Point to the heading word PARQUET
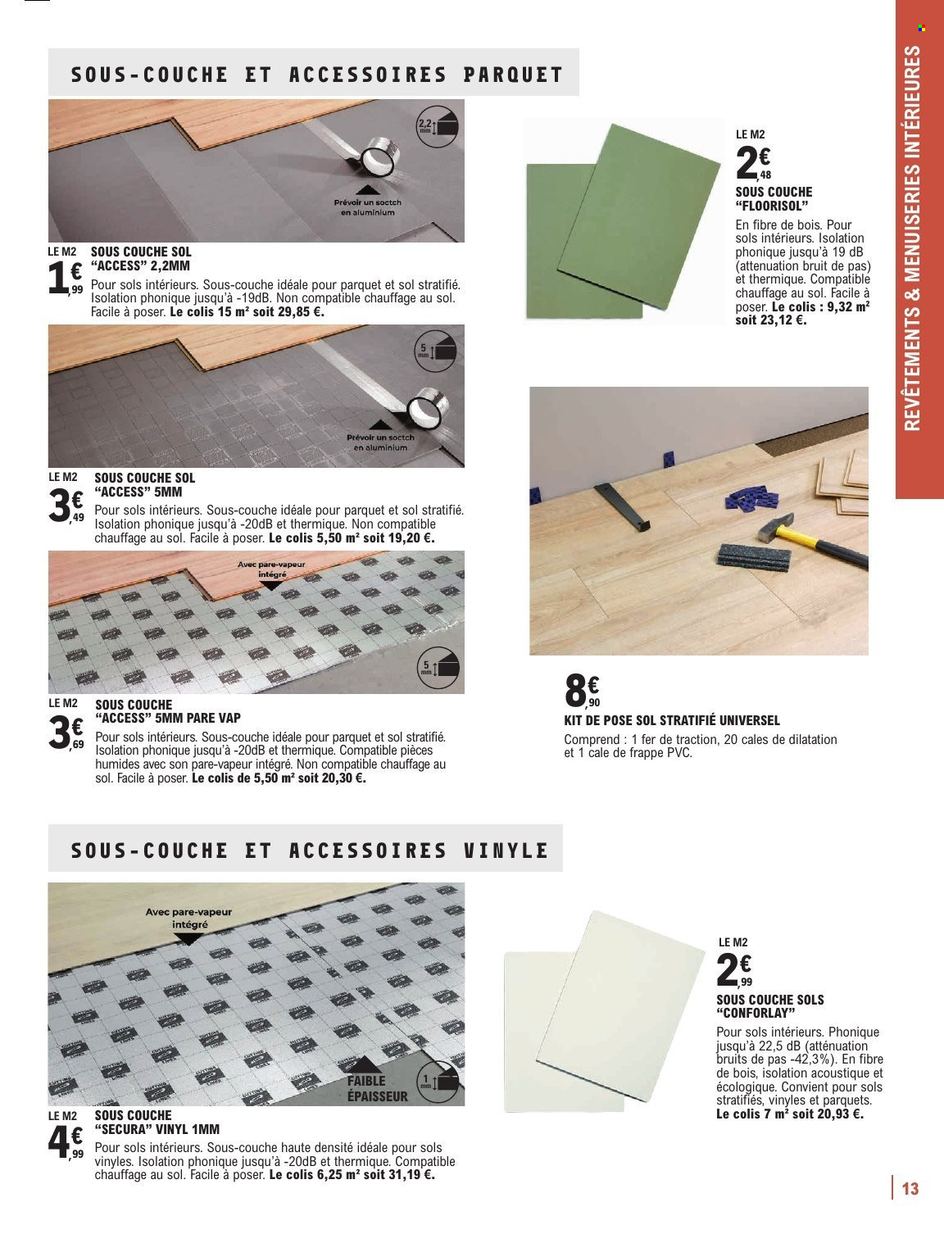[x=513, y=75]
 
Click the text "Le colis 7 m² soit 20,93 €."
[x=789, y=1114]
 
